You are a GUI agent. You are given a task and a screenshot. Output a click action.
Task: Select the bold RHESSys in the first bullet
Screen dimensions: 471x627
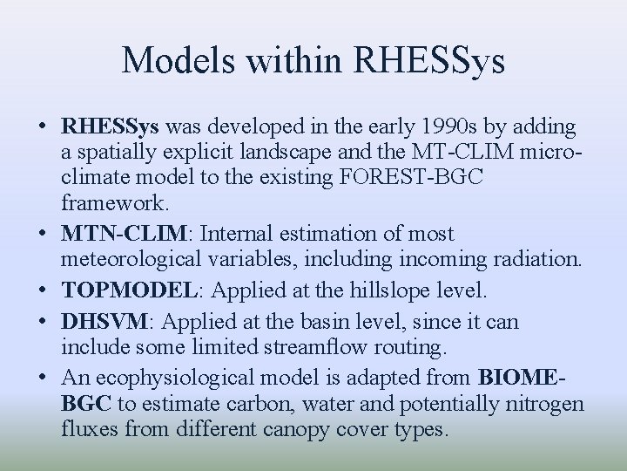[110, 127]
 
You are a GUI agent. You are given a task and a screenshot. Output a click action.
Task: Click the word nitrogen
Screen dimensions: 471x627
[544, 403]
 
